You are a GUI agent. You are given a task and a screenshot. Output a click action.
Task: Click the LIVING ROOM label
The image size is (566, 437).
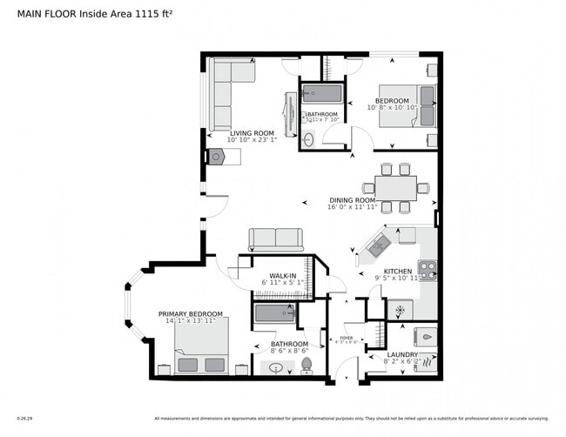[x=251, y=133]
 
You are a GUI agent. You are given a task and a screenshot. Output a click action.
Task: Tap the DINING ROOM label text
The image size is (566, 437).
[x=357, y=200]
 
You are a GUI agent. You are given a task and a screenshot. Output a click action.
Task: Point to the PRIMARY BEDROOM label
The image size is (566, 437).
[x=190, y=313]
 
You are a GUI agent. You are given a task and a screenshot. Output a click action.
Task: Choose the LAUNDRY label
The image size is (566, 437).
[x=402, y=354]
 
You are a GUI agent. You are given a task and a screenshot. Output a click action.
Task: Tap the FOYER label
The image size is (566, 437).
[x=346, y=338]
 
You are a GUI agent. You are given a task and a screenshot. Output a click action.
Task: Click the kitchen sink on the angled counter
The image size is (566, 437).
[x=379, y=246]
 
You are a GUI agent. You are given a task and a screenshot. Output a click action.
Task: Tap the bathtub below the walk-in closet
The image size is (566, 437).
[x=275, y=313]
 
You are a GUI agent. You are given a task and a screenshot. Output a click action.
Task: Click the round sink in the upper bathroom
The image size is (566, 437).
[x=308, y=139]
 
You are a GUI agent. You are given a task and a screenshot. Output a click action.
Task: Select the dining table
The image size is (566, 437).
[x=395, y=187]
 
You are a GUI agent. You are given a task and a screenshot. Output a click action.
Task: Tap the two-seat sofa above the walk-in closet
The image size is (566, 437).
[x=275, y=239]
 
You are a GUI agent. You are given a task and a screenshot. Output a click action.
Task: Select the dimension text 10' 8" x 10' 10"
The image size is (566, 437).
[x=396, y=108]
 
